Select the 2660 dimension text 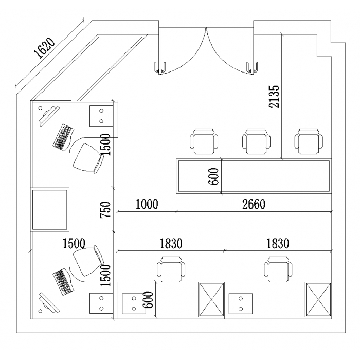tap(253, 204)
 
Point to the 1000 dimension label tap(147, 204)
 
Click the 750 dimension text tap(105, 210)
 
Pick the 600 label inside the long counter tap(214, 177)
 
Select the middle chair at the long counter tap(256, 141)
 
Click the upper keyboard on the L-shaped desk tap(62, 136)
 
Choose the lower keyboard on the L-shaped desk tap(62, 282)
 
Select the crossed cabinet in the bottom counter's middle tap(211, 300)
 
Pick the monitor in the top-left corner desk tap(47, 115)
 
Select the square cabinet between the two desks tap(50, 210)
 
